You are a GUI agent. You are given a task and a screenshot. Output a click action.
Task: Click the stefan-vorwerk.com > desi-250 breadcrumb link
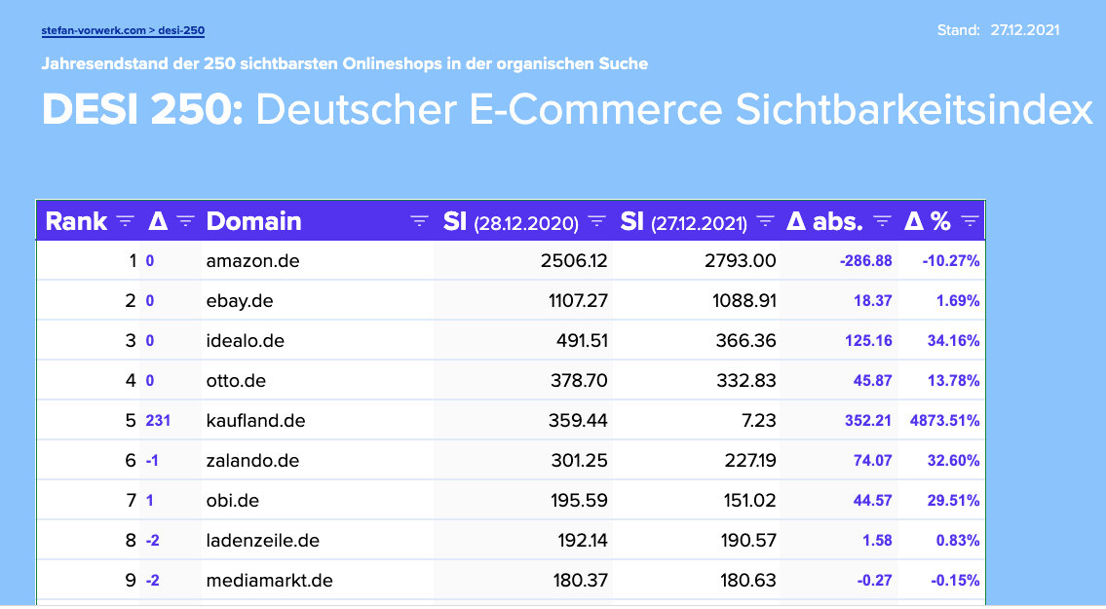tap(123, 30)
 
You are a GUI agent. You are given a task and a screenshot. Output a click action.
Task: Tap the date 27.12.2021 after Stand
tap(1025, 30)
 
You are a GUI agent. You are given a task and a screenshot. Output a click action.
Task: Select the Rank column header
tap(76, 221)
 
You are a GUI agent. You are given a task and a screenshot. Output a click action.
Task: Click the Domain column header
tap(254, 221)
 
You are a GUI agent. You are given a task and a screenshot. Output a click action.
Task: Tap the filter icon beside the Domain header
tap(419, 221)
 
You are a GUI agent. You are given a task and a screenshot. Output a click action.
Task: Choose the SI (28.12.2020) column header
tap(511, 222)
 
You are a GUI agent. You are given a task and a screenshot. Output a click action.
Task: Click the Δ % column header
tap(927, 221)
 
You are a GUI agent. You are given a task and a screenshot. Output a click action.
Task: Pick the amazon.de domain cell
tap(252, 261)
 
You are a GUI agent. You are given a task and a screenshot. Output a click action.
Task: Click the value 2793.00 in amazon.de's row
tap(744, 261)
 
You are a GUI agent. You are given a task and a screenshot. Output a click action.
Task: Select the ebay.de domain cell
tap(240, 301)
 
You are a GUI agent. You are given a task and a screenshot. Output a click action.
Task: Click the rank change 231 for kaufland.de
tap(158, 421)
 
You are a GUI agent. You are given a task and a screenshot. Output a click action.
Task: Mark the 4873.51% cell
tap(944, 421)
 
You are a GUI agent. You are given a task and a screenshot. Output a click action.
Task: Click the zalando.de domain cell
tap(252, 461)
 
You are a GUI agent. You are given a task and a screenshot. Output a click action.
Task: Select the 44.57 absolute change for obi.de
tap(872, 501)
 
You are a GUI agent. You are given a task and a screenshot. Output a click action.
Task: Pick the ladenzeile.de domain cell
tap(263, 541)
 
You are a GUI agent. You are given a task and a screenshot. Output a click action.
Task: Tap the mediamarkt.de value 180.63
tap(746, 581)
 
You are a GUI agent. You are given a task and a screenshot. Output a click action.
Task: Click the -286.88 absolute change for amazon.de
tap(865, 261)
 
